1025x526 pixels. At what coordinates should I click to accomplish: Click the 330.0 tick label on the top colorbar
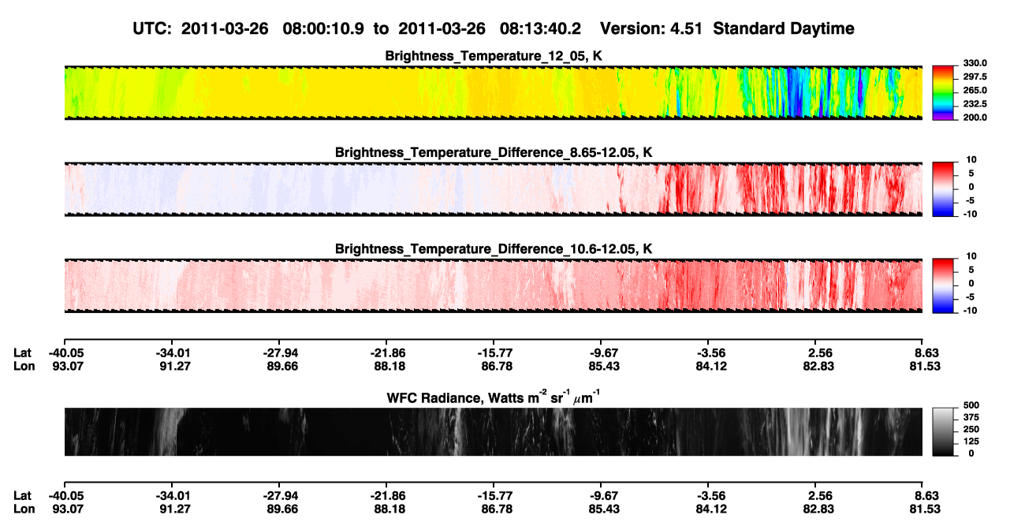click(975, 63)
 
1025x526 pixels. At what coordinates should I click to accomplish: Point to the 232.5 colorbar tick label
click(975, 104)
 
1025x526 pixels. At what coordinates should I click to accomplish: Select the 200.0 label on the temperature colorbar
click(975, 118)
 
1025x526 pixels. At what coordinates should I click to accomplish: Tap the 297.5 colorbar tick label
click(975, 77)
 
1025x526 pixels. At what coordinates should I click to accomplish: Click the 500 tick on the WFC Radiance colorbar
click(971, 405)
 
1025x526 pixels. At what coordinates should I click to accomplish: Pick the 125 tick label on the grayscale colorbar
click(971, 442)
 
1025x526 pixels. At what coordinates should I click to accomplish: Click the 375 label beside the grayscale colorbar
click(971, 417)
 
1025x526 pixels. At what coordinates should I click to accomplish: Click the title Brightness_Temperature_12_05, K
click(494, 56)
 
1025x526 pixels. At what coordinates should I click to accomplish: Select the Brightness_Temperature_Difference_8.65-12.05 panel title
click(494, 152)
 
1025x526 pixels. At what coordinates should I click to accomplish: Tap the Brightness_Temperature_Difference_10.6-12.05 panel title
click(494, 249)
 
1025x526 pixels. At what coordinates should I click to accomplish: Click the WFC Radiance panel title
click(494, 397)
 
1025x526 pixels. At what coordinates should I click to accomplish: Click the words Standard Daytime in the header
click(784, 28)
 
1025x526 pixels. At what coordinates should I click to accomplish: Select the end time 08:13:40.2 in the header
click(540, 28)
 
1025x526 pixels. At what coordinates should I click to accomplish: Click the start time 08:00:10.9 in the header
click(323, 28)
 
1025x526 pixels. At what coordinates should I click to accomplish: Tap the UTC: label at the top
click(152, 28)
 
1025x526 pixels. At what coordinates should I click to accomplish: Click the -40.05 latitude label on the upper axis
click(67, 353)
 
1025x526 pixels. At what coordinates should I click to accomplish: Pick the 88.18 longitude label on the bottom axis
click(389, 509)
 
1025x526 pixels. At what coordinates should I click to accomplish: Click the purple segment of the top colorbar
click(943, 118)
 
